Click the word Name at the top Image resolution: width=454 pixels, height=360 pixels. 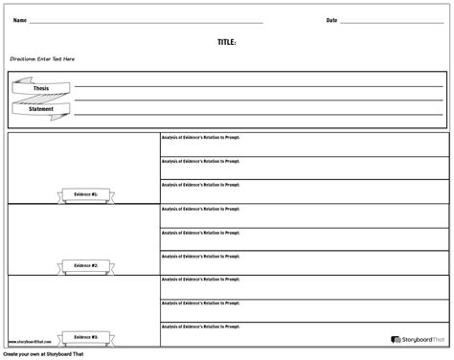19,20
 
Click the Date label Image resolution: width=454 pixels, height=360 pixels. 331,20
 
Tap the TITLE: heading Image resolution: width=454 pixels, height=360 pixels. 227,42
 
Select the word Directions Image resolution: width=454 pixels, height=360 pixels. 23,59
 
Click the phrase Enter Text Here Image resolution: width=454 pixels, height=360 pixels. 57,59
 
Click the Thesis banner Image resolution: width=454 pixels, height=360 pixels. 41,89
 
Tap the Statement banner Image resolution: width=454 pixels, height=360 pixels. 41,109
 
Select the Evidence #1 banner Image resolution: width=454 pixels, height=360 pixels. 85,193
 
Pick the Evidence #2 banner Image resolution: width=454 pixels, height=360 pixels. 85,265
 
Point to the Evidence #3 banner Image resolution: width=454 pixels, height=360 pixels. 85,337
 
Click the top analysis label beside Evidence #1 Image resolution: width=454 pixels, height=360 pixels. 201,138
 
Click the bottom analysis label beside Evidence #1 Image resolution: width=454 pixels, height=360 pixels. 201,185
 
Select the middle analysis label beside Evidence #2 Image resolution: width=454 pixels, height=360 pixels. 201,233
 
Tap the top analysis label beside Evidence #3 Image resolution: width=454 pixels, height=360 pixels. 201,280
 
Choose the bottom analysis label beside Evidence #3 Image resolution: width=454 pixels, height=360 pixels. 201,327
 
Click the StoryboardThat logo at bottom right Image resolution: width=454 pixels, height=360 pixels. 418,339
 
